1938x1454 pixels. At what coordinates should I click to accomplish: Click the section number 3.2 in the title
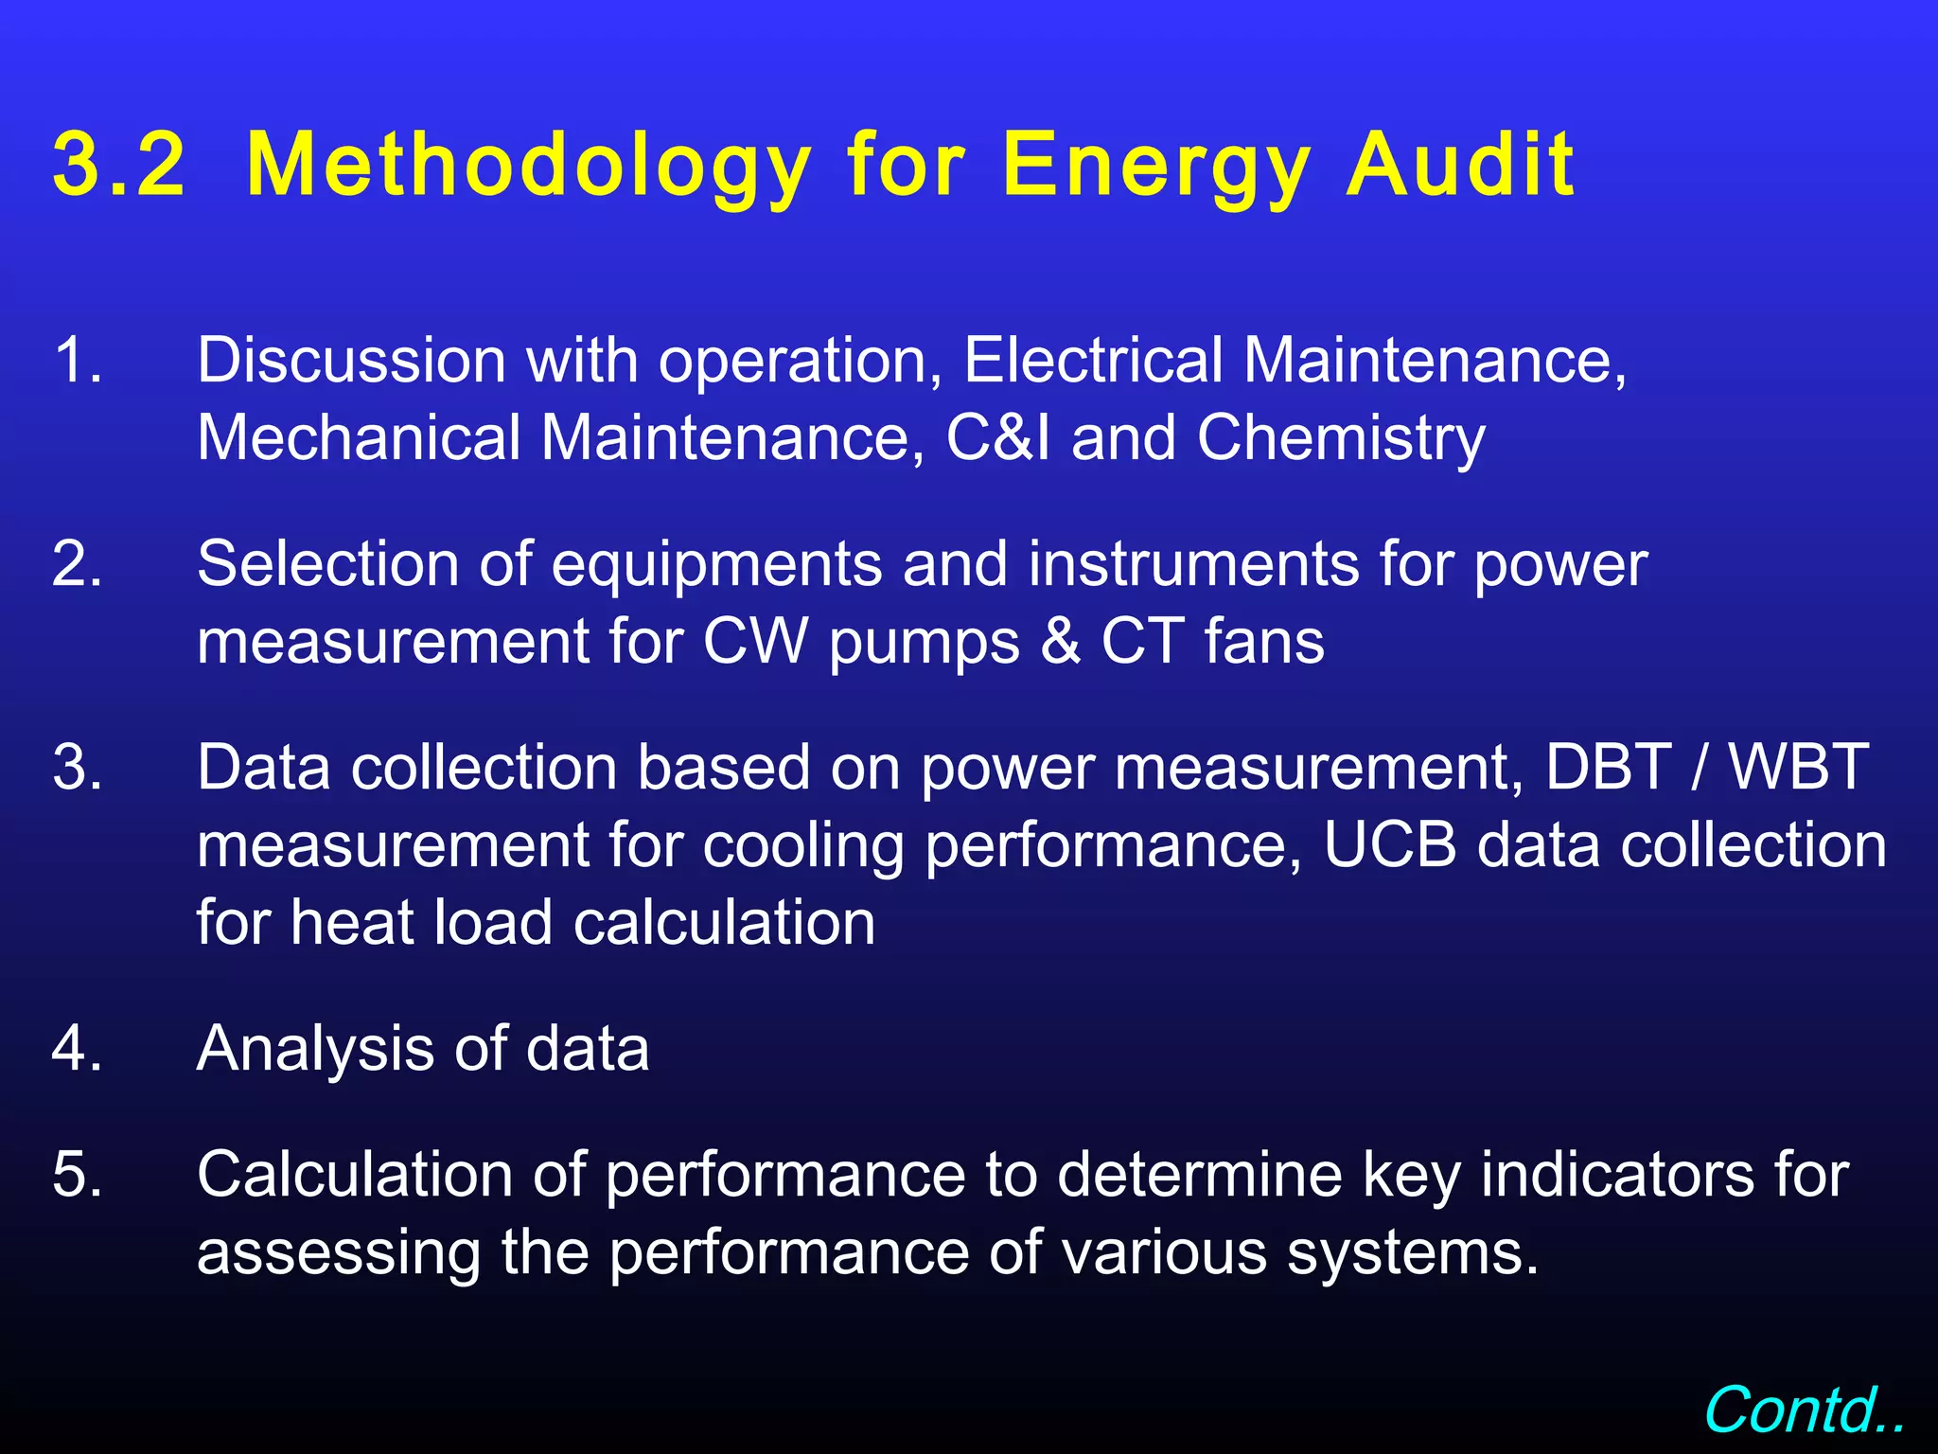[x=118, y=165]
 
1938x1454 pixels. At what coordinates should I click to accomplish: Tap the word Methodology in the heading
[x=528, y=167]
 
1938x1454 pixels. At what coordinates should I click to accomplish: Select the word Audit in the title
[x=1460, y=165]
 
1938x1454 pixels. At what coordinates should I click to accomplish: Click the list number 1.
[x=77, y=360]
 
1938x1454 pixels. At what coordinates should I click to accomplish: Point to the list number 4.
[x=77, y=1048]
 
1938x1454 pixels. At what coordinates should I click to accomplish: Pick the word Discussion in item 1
[x=351, y=360]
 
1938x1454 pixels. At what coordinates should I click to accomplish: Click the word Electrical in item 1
[x=1093, y=360]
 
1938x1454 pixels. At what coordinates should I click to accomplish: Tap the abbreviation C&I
[x=998, y=437]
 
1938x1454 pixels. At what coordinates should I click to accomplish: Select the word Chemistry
[x=1341, y=439]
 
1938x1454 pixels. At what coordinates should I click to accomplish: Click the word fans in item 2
[x=1264, y=641]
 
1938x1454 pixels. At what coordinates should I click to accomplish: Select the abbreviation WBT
[x=1799, y=766]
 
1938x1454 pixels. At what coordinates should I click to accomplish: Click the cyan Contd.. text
[x=1804, y=1410]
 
